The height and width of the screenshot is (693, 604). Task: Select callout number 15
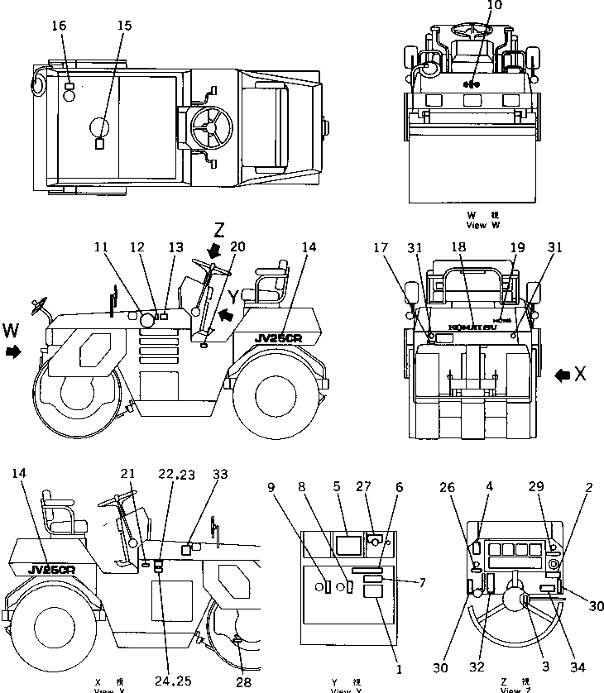tap(124, 26)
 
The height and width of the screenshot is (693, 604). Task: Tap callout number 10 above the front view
tap(471, 6)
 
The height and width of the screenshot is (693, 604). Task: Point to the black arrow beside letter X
tap(563, 375)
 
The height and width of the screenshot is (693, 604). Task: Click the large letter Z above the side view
tap(218, 229)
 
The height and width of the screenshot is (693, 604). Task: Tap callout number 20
tap(237, 246)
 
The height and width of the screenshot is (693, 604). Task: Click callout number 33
tap(219, 475)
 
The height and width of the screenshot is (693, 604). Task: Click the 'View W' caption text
tap(482, 225)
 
